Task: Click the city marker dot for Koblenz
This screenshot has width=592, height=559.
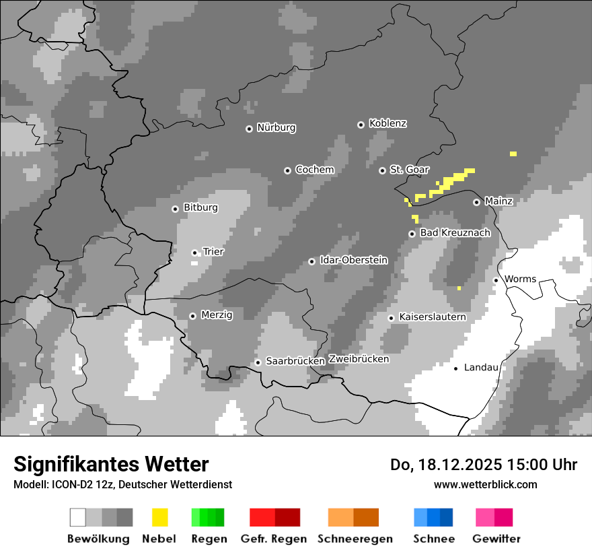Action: [x=361, y=125]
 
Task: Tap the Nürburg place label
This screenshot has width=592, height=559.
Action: [x=276, y=128]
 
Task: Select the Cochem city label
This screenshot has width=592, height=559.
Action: [x=314, y=170]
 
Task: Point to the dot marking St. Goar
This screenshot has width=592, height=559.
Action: [x=382, y=170]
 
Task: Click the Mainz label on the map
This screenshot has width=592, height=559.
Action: [x=498, y=201]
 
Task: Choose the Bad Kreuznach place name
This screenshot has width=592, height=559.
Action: [x=455, y=233]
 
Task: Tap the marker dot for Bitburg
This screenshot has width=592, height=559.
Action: [x=175, y=209]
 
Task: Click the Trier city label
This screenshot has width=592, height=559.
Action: [x=213, y=252]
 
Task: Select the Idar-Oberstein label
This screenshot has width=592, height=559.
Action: [x=354, y=260]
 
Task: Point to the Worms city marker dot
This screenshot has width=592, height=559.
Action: [x=496, y=280]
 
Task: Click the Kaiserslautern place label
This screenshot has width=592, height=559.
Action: [x=432, y=317]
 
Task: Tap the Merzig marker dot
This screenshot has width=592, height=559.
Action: [x=192, y=316]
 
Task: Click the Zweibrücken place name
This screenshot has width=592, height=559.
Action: [x=359, y=359]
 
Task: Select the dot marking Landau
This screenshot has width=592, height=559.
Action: [x=455, y=368]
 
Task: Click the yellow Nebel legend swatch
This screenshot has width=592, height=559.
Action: [x=159, y=517]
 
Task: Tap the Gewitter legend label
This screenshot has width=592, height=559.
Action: [x=496, y=539]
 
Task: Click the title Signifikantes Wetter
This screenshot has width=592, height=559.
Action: [x=111, y=464]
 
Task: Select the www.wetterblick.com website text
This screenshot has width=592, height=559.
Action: [x=485, y=484]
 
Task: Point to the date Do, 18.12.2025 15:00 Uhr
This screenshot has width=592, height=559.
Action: [x=483, y=465]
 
